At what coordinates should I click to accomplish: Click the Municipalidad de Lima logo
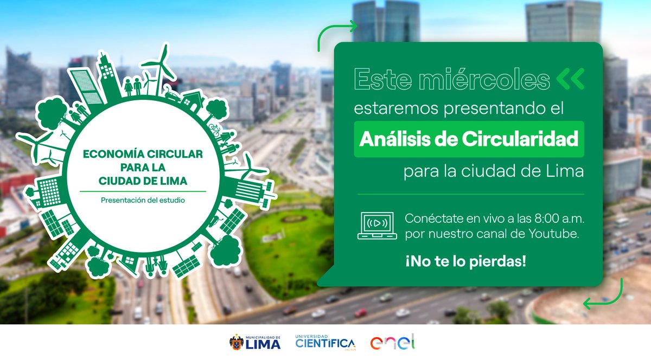click(x=255, y=343)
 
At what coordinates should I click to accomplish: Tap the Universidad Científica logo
click(x=325, y=343)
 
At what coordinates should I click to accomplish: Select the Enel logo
click(x=393, y=342)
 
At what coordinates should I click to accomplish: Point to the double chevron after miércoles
click(x=570, y=80)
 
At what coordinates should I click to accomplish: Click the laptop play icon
click(x=376, y=225)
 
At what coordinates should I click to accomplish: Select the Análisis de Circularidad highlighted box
click(x=469, y=139)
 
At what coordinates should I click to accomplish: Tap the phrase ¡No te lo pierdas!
click(x=465, y=263)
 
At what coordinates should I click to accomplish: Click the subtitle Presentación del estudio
click(x=143, y=200)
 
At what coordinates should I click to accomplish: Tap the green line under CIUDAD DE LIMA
click(x=143, y=191)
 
